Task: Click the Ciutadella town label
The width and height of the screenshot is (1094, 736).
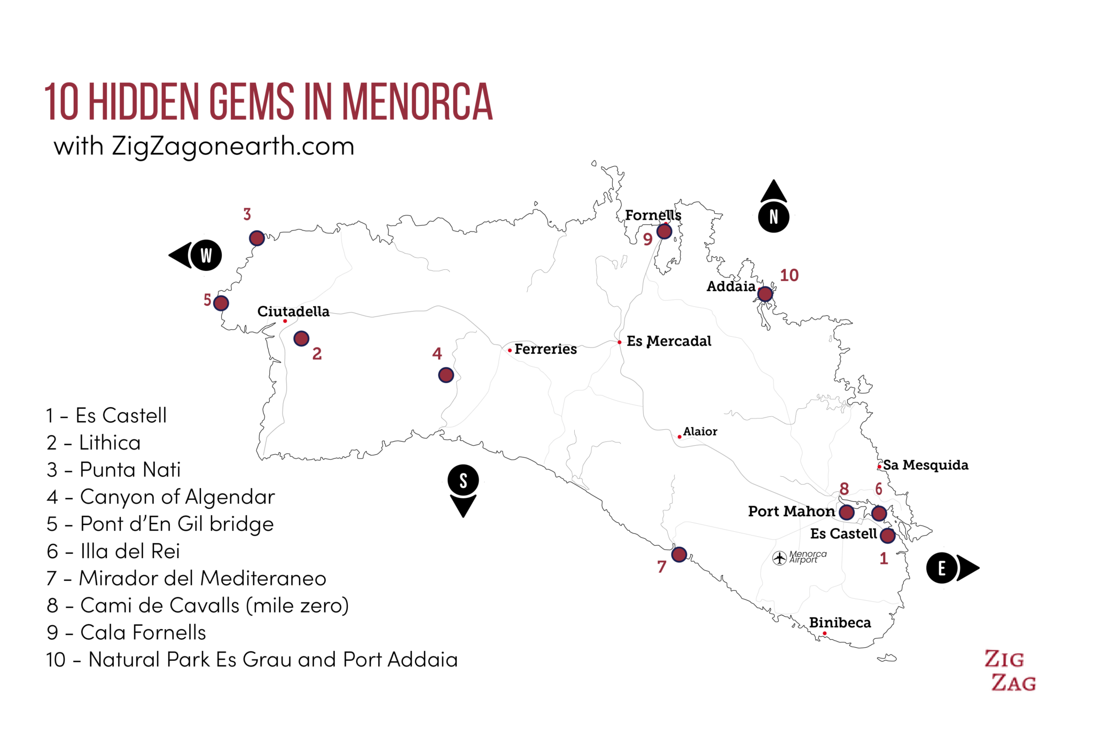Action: point(293,312)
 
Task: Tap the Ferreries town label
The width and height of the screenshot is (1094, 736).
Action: point(545,349)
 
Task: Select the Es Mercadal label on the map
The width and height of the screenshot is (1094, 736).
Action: point(669,341)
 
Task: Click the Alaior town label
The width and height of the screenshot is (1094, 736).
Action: point(700,431)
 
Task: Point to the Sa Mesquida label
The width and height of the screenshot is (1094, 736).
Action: point(925,465)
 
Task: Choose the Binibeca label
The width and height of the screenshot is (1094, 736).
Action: point(840,623)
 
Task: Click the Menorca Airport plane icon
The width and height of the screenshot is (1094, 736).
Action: point(779,558)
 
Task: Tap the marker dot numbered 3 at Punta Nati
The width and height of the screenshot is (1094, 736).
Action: point(257,238)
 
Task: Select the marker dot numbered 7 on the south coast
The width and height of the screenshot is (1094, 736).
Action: point(679,554)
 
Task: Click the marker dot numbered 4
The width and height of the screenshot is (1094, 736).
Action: point(446,375)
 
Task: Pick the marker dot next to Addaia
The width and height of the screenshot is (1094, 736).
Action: point(765,294)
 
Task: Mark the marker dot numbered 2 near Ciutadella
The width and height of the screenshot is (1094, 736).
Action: point(301,338)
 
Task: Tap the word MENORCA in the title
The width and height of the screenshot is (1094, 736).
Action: point(417,102)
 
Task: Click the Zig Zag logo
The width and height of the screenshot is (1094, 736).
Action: point(1010,671)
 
